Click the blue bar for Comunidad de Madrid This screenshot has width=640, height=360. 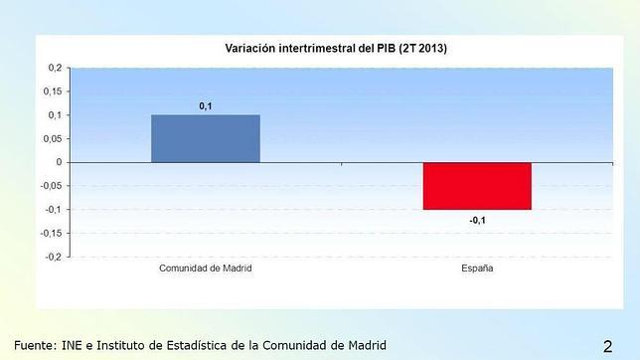205,138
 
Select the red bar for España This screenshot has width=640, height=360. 477,186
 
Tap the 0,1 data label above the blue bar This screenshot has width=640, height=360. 205,104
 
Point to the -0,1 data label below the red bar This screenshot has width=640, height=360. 477,221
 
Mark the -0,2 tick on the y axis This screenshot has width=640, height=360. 53,257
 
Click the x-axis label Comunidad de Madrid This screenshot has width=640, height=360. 205,270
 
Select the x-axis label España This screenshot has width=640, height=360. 477,270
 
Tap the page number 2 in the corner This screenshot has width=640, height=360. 607,345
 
